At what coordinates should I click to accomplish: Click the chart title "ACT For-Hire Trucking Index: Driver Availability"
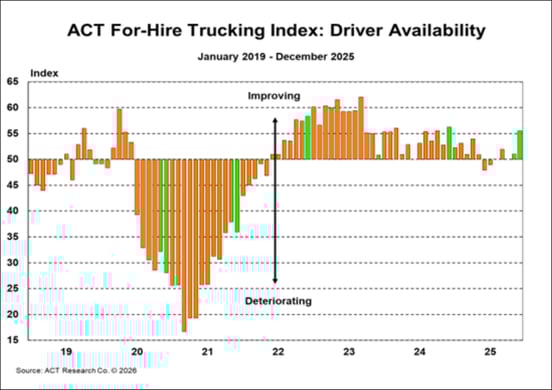(x=276, y=31)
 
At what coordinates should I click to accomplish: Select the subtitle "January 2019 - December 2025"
(x=276, y=57)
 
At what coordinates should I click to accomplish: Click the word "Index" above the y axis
(x=44, y=73)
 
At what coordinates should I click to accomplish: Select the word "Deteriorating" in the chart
(x=278, y=300)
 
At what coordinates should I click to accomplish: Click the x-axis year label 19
(x=66, y=353)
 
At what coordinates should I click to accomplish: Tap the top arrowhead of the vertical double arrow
(x=274, y=119)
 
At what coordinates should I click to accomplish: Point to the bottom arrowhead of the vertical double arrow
(x=274, y=283)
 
